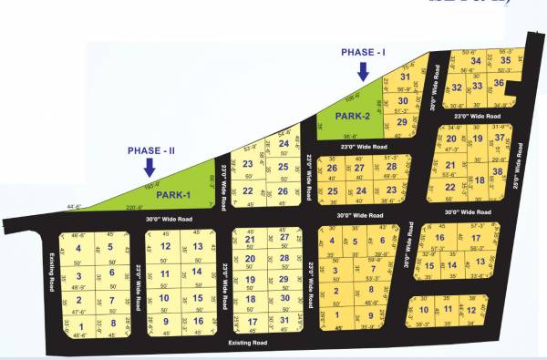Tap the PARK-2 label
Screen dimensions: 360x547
[351, 116]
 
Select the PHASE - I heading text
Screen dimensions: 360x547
[364, 53]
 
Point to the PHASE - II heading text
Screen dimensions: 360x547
[151, 149]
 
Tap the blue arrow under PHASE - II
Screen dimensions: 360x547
[150, 169]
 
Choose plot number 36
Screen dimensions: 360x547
[498, 83]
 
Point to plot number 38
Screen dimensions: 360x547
[497, 171]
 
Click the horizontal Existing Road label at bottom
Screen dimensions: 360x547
[247, 344]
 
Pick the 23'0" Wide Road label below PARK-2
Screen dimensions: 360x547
[364, 146]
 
